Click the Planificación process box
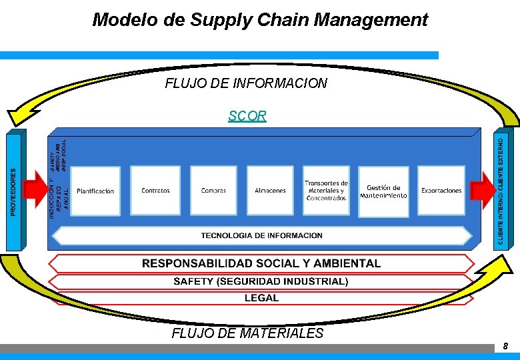click(x=95, y=191)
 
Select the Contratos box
click(x=155, y=191)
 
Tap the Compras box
click(x=213, y=191)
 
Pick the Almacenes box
click(x=270, y=191)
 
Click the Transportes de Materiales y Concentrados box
click(x=326, y=191)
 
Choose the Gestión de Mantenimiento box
click(x=383, y=191)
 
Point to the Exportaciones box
click(x=441, y=191)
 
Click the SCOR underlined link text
click(x=247, y=116)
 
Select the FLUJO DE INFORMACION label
click(x=246, y=83)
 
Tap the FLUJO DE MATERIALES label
click(x=247, y=333)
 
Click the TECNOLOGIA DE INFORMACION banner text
click(x=261, y=235)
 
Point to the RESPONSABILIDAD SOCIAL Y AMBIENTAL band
click(x=261, y=263)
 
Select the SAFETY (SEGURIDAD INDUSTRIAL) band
click(x=261, y=281)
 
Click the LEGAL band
click(x=261, y=298)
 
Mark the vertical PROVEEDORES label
click(x=14, y=191)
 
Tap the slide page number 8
click(x=505, y=347)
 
